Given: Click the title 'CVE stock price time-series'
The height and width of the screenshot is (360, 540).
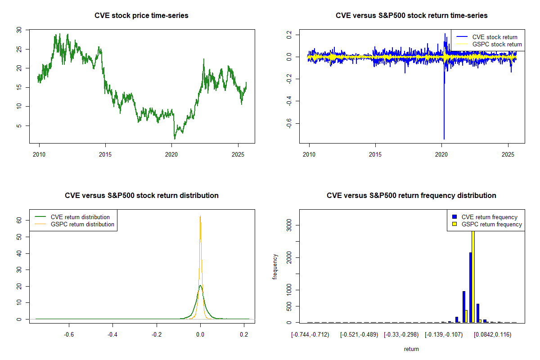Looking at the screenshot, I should pos(141,15).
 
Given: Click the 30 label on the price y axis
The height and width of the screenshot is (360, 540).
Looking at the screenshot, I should pos(18,30).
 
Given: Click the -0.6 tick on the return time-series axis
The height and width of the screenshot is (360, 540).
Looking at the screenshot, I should pos(288,124).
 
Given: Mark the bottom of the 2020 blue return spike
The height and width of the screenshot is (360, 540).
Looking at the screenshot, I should pos(444,139).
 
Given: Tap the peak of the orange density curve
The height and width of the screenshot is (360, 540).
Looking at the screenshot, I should pos(200,216).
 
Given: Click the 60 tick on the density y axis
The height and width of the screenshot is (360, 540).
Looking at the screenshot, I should pos(18,220).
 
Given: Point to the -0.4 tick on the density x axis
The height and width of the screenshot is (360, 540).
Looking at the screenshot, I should pos(112,335).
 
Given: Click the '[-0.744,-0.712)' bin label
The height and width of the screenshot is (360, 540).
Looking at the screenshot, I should pos(310,335).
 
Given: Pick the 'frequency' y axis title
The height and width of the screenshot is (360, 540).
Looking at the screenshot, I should pos(275,267).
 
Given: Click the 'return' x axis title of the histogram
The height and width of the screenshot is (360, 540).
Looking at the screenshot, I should pos(411,349).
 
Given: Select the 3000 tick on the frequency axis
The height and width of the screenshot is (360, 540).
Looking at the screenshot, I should pos(288,225).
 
